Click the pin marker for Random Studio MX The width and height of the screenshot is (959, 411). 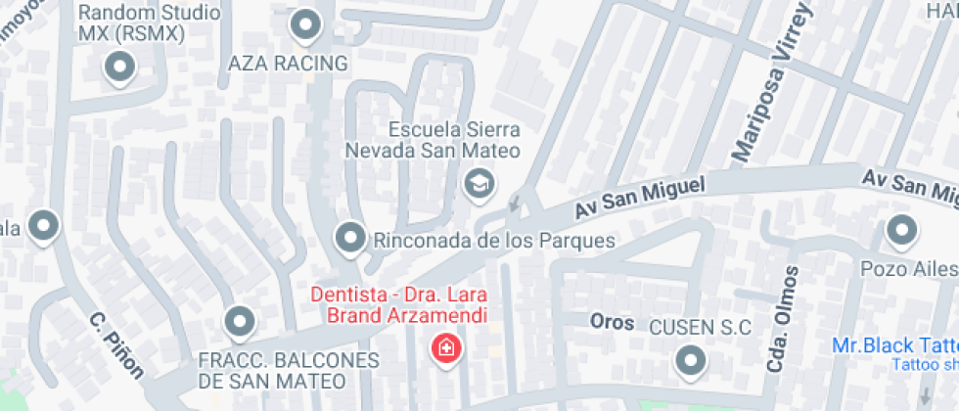[119, 68]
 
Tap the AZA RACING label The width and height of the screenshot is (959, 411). [288, 64]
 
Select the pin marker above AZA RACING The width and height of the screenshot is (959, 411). [307, 25]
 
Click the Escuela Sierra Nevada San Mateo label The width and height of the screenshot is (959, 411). [454, 140]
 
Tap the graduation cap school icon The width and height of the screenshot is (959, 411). [479, 183]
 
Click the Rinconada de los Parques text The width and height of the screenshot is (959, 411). [494, 240]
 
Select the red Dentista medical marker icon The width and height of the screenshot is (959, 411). [447, 348]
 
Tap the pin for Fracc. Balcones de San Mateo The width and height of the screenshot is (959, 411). [239, 320]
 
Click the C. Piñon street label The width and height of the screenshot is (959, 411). [115, 345]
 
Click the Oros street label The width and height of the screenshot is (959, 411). [612, 322]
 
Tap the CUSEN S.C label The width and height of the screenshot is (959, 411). [701, 328]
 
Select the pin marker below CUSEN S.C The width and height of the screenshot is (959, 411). [692, 362]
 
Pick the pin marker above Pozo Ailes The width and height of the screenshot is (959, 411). [900, 233]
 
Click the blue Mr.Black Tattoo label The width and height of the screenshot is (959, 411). [893, 346]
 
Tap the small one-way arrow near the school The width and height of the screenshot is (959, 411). [516, 205]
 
